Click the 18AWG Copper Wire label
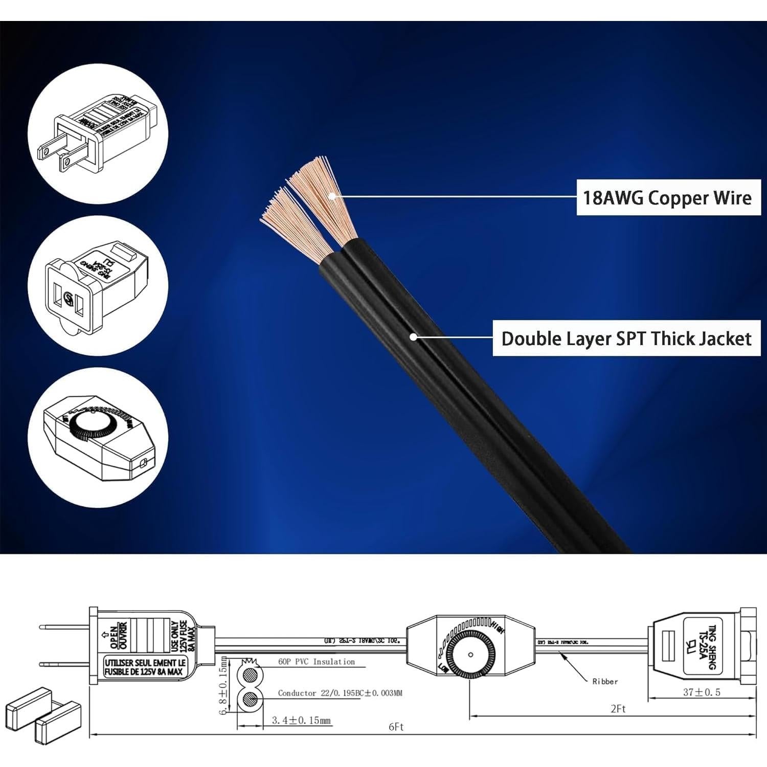(x=668, y=197)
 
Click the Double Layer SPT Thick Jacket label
(x=626, y=339)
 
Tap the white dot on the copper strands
(x=332, y=196)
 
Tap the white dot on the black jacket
(x=413, y=337)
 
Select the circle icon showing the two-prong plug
(x=98, y=134)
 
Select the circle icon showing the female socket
(x=98, y=285)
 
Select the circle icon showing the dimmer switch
(x=98, y=437)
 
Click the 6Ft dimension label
(x=396, y=727)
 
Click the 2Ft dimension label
(x=618, y=709)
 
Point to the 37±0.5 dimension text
(x=702, y=692)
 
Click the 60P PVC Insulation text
(x=316, y=662)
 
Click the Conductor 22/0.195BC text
(x=340, y=693)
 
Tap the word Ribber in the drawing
(x=605, y=682)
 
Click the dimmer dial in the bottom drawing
(x=470, y=655)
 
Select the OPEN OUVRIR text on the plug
(x=119, y=635)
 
